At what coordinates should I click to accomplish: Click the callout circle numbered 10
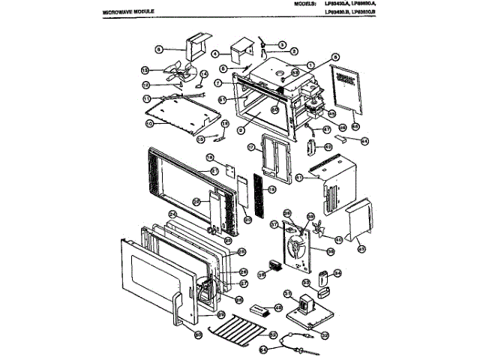click(148, 123)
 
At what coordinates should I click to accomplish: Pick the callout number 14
click(203, 73)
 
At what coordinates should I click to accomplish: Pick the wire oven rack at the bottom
click(238, 328)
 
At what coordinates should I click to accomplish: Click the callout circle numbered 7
click(217, 82)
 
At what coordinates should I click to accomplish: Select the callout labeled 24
click(172, 214)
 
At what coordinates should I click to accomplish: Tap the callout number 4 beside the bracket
click(214, 54)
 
